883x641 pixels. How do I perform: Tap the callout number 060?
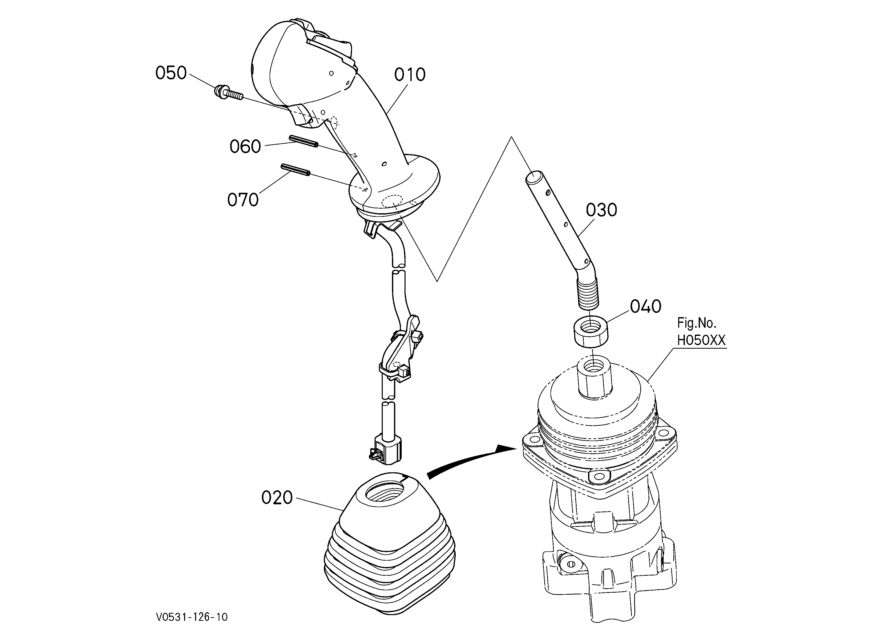[245, 147]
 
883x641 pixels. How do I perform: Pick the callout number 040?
[645, 307]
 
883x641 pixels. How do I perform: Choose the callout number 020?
[277, 498]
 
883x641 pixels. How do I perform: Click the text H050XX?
[701, 340]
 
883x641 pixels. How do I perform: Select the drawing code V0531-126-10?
[192, 617]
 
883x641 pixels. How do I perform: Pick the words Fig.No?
[697, 323]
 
